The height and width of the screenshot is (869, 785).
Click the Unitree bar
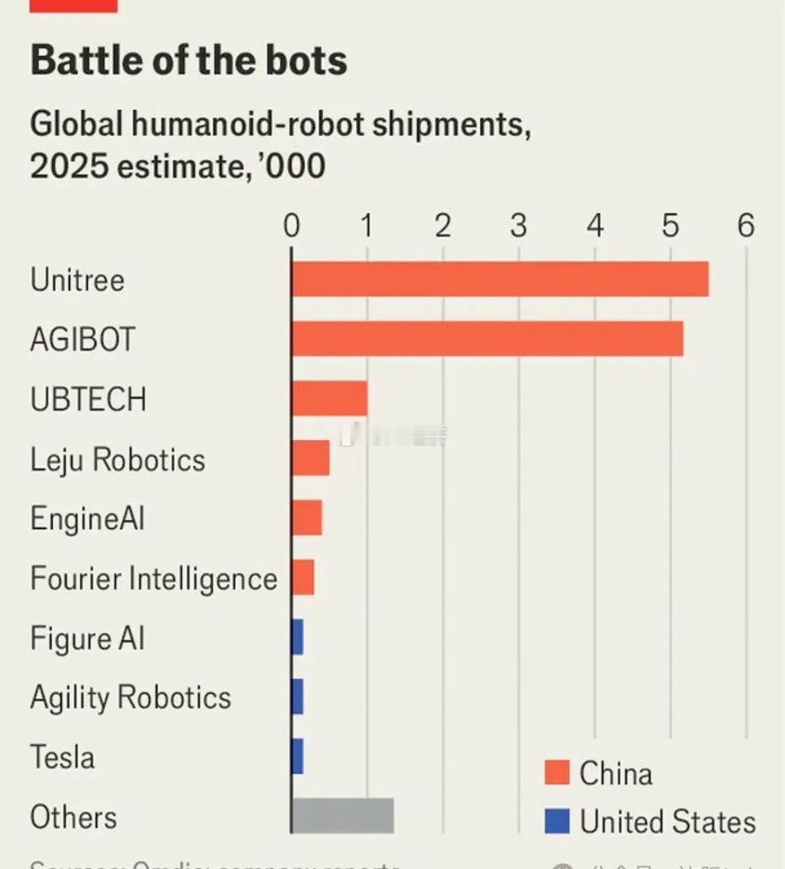click(500, 279)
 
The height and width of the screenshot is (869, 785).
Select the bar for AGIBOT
click(487, 339)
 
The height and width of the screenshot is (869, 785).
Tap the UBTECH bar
click(329, 399)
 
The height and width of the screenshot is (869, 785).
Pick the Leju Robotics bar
click(311, 458)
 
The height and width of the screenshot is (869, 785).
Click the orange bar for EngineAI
click(307, 518)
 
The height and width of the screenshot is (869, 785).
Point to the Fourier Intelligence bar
click(303, 578)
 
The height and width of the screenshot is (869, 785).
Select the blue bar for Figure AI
click(297, 637)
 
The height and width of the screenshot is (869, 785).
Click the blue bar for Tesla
click(297, 756)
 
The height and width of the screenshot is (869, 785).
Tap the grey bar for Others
click(343, 816)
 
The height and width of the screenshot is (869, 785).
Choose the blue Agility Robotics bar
click(297, 697)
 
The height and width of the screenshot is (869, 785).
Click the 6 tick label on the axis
click(745, 225)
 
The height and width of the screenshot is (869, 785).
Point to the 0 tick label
click(291, 225)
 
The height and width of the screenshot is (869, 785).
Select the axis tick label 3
click(518, 225)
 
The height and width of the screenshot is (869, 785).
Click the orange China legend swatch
click(557, 773)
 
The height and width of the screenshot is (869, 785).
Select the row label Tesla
click(62, 758)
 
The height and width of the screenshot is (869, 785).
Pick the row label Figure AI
click(87, 638)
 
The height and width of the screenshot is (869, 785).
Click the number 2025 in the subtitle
click(68, 166)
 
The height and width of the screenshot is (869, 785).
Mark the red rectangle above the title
click(74, 6)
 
